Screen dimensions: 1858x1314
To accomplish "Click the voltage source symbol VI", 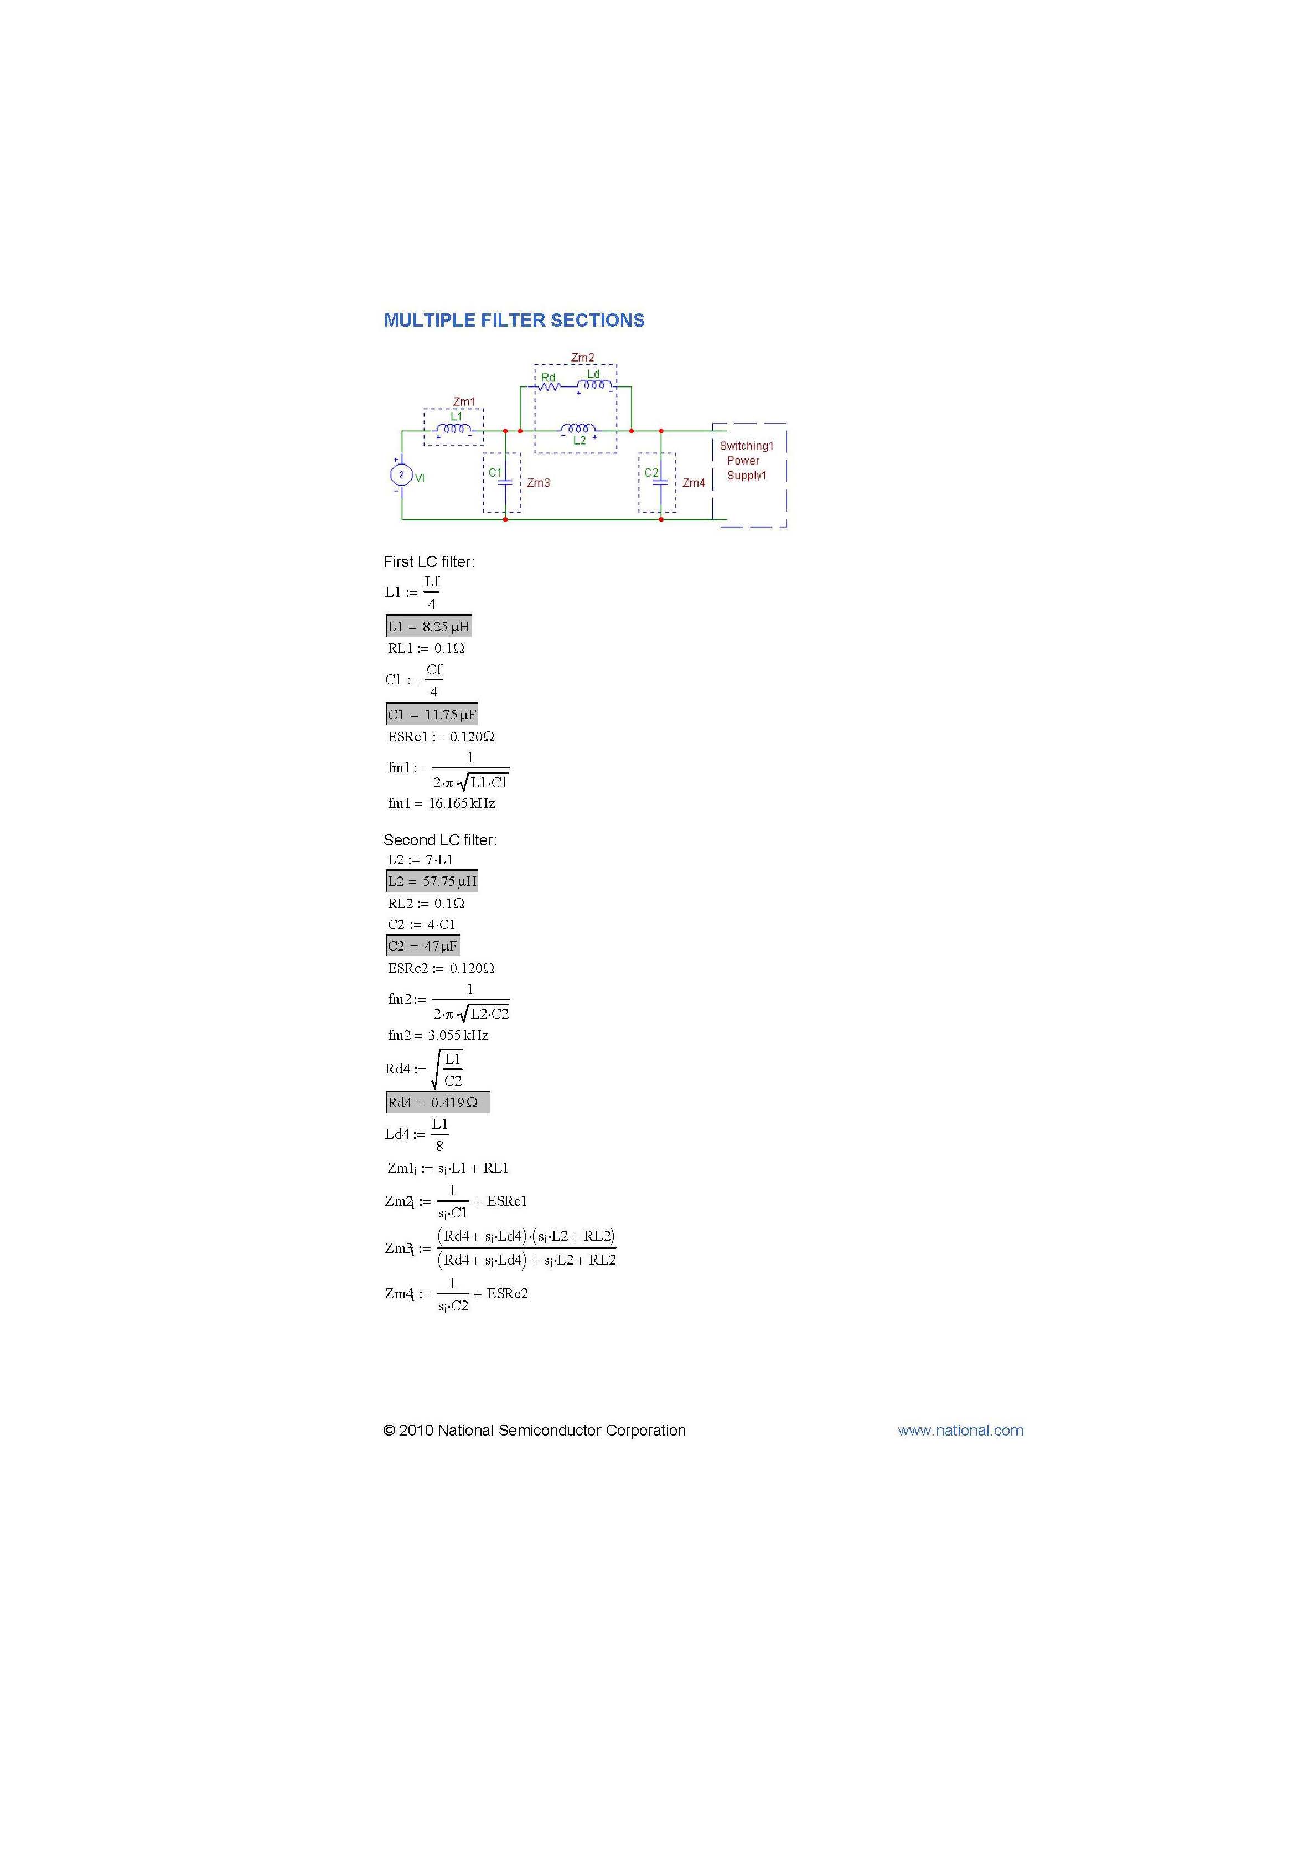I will (401, 475).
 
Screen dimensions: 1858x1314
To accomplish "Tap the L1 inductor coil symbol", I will (454, 430).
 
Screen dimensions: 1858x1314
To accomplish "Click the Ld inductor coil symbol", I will (594, 386).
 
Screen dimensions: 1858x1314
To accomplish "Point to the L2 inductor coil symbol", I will (578, 429).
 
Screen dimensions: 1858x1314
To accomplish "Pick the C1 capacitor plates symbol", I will (505, 482).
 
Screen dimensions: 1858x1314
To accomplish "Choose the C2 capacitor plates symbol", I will (660, 482).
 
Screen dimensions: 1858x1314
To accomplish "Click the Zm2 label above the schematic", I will (583, 358).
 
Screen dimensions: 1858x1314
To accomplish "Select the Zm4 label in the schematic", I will (694, 483).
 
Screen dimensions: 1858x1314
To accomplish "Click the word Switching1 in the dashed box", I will (746, 446).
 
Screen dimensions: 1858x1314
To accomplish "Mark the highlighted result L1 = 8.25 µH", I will (428, 626).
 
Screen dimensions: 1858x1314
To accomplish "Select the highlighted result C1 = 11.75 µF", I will (431, 715).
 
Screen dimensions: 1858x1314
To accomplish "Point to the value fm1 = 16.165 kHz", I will (441, 803).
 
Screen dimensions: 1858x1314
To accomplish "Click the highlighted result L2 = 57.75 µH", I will (431, 881).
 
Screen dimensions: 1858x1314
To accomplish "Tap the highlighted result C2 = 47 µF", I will (422, 946).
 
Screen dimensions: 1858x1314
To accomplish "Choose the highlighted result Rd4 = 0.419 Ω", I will (437, 1103).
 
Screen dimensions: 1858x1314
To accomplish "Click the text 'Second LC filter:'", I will (440, 840).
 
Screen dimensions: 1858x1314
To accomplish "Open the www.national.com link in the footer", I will (960, 1431).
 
